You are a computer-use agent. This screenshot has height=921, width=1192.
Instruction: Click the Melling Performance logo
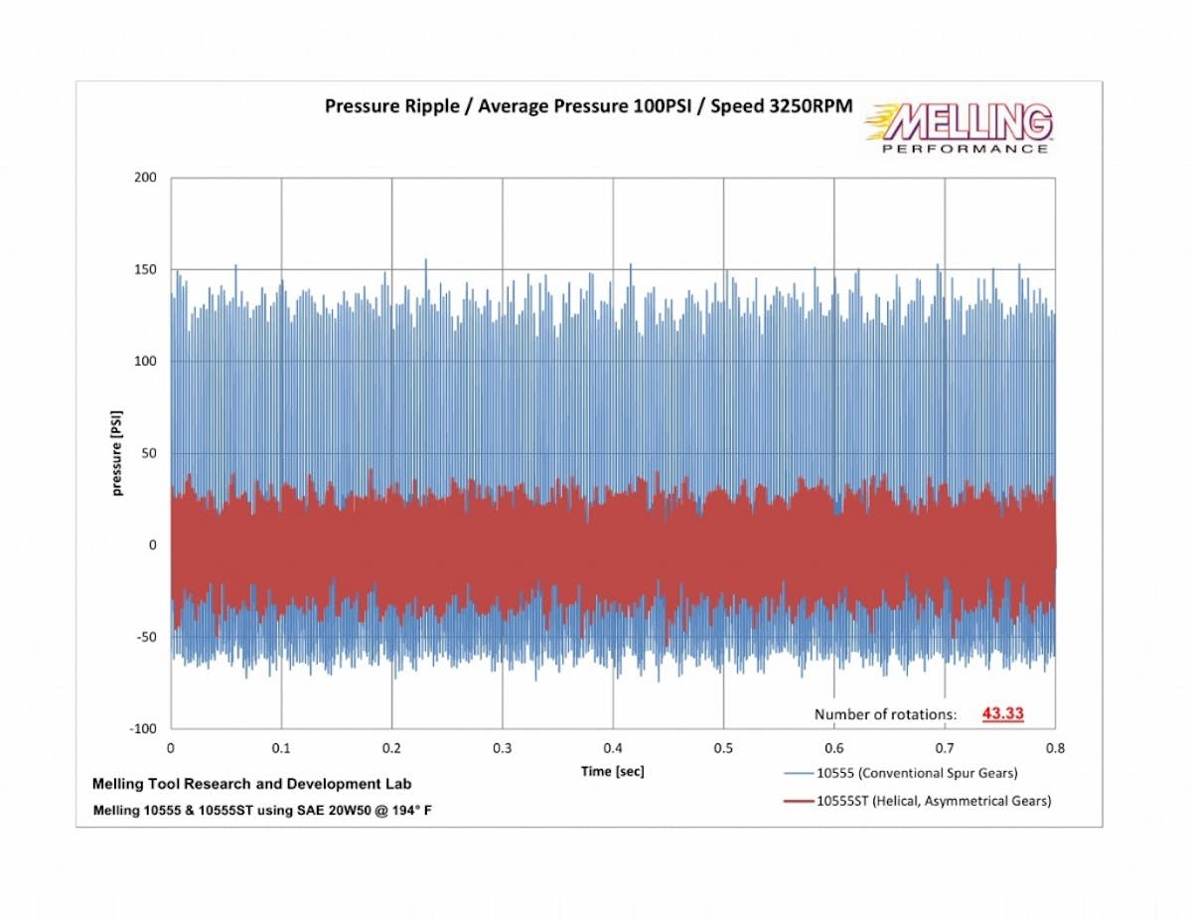pyautogui.click(x=960, y=128)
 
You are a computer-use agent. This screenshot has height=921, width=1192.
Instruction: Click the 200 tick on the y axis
pyautogui.click(x=146, y=178)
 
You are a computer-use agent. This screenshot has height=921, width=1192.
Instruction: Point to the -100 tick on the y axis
pyautogui.click(x=143, y=728)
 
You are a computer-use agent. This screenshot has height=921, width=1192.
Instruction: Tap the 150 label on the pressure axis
pyautogui.click(x=146, y=269)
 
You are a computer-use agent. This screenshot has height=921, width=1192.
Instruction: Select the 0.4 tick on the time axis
pyautogui.click(x=613, y=747)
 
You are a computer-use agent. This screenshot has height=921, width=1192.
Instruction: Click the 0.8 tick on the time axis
pyautogui.click(x=1055, y=747)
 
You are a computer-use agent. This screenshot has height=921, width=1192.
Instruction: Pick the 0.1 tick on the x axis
pyautogui.click(x=282, y=747)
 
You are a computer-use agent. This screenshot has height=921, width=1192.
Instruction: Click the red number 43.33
pyautogui.click(x=1002, y=713)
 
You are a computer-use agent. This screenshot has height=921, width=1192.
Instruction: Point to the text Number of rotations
pyautogui.click(x=885, y=714)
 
